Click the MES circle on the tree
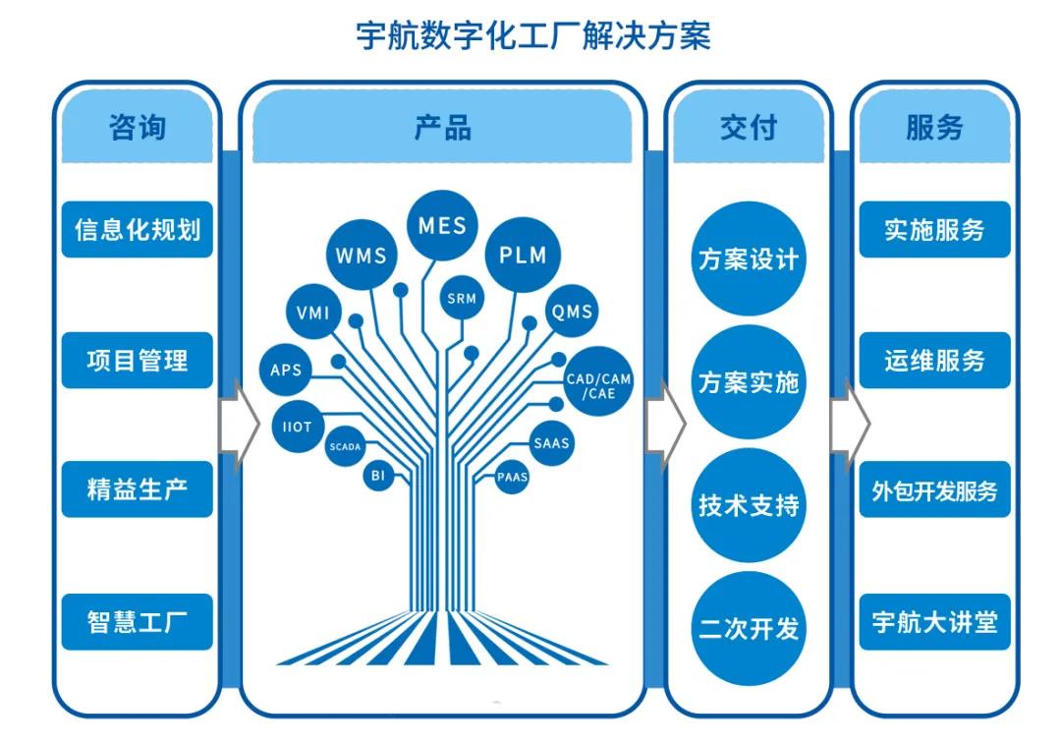pyautogui.click(x=442, y=225)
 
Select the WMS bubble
pyautogui.click(x=362, y=256)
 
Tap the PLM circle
pyautogui.click(x=523, y=256)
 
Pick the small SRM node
pyautogui.click(x=462, y=298)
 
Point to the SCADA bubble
pyautogui.click(x=345, y=447)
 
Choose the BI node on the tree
pyautogui.click(x=378, y=476)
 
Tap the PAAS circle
pyautogui.click(x=512, y=478)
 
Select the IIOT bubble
pyautogui.click(x=297, y=428)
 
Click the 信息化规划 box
pyautogui.click(x=138, y=230)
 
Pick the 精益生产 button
pyautogui.click(x=138, y=489)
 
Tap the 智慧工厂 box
pyautogui.click(x=138, y=622)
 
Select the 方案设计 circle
pyautogui.click(x=749, y=259)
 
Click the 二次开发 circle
pyautogui.click(x=749, y=629)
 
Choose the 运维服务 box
pyautogui.click(x=934, y=360)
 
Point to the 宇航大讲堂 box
pyautogui.click(x=934, y=622)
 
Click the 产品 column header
pyautogui.click(x=442, y=127)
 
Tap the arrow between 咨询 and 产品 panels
pyautogui.click(x=240, y=426)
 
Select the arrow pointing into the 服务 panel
pyautogui.click(x=851, y=426)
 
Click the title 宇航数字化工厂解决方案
pyautogui.click(x=533, y=36)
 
